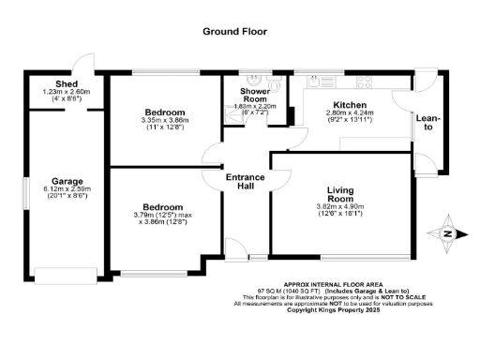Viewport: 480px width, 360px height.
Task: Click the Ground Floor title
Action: [235, 31]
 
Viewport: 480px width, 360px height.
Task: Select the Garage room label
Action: [67, 181]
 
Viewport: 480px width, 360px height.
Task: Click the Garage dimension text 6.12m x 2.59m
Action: [67, 190]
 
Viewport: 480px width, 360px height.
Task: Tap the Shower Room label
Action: [248, 96]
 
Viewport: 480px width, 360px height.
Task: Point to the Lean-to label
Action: [428, 123]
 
